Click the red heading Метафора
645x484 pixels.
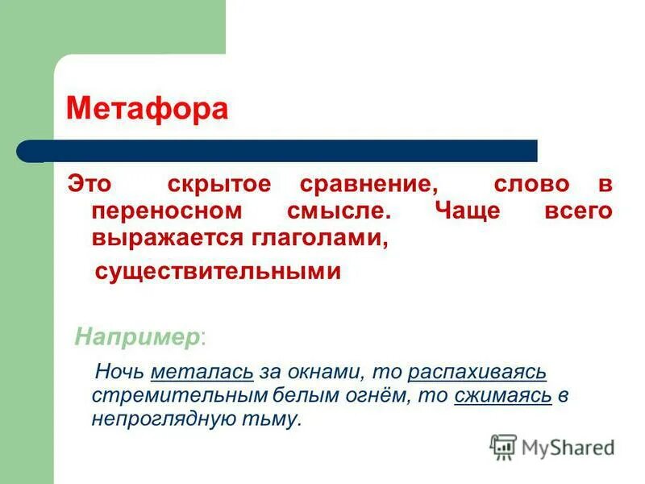pos(147,108)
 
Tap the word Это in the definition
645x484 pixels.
pos(89,183)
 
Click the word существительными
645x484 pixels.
pos(218,272)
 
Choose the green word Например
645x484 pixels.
pos(137,336)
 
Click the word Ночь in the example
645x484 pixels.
pos(119,373)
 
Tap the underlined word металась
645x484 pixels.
pos(202,373)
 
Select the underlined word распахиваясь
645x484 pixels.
pos(477,373)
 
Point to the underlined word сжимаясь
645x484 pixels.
pos(503,396)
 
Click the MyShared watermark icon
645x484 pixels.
pos(503,446)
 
